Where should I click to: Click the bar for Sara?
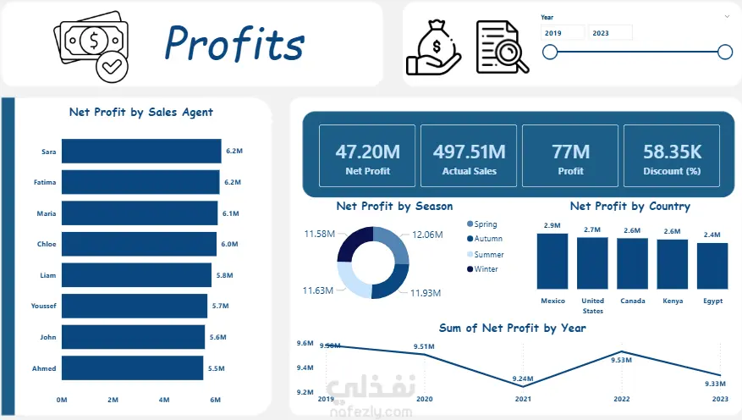pyautogui.click(x=141, y=151)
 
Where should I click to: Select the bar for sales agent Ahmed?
pyautogui.click(x=133, y=367)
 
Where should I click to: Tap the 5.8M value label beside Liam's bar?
pyautogui.click(x=225, y=275)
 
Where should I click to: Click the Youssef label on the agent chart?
pyautogui.click(x=43, y=306)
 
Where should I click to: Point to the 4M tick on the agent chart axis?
pyautogui.click(x=164, y=400)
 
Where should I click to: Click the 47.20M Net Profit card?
pyautogui.click(x=367, y=156)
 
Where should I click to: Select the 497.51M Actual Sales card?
pyautogui.click(x=469, y=156)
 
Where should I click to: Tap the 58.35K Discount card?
pyautogui.click(x=672, y=156)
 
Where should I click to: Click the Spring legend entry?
pyautogui.click(x=482, y=224)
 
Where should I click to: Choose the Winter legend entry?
pyautogui.click(x=482, y=269)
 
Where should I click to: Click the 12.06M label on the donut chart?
pyautogui.click(x=427, y=235)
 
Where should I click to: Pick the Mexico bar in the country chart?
pyautogui.click(x=552, y=262)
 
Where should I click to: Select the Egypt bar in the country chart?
pyautogui.click(x=712, y=266)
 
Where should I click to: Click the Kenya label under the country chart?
pyautogui.click(x=673, y=301)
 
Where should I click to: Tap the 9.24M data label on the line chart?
pyautogui.click(x=523, y=379)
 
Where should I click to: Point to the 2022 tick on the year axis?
pyautogui.click(x=621, y=399)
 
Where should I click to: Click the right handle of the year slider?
pyautogui.click(x=725, y=52)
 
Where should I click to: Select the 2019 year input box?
pyautogui.click(x=563, y=33)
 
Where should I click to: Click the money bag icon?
pyautogui.click(x=433, y=47)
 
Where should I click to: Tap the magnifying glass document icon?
pyautogui.click(x=503, y=47)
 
